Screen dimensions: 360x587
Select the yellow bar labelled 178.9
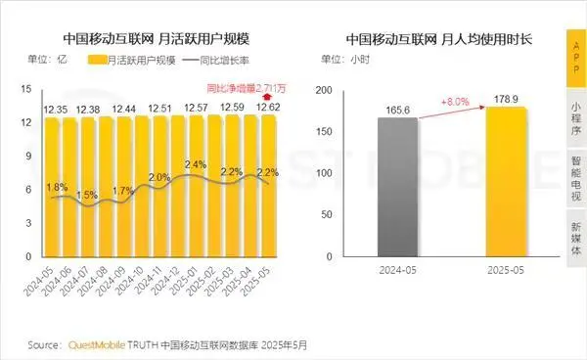505,181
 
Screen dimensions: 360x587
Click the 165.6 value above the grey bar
396,109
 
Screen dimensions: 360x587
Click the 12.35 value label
57,107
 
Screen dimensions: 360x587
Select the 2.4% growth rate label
195,164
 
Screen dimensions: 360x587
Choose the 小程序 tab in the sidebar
575,118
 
